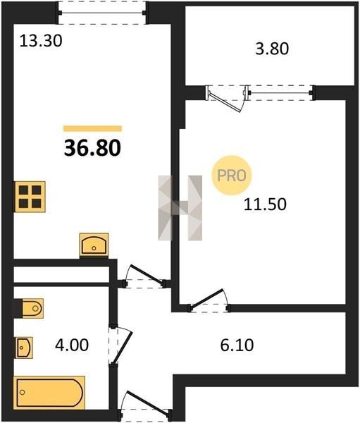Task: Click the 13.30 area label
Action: [x=41, y=42]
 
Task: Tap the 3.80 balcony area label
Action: [x=272, y=49]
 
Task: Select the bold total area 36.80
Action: [x=92, y=148]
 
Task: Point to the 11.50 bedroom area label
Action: [x=265, y=204]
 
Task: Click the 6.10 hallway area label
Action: [x=237, y=345]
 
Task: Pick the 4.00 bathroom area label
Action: [x=72, y=345]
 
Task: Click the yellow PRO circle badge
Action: [x=232, y=176]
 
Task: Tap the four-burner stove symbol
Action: [x=30, y=197]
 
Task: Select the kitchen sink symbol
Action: [x=94, y=245]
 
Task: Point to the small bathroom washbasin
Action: [x=24, y=348]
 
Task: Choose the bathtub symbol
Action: [x=49, y=393]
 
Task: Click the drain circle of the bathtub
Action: [x=23, y=392]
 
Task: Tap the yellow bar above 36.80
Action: [x=92, y=128]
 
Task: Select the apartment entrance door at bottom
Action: [x=146, y=406]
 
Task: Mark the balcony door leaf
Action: [x=226, y=101]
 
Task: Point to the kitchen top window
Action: [x=102, y=13]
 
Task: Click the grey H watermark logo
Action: [x=180, y=208]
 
